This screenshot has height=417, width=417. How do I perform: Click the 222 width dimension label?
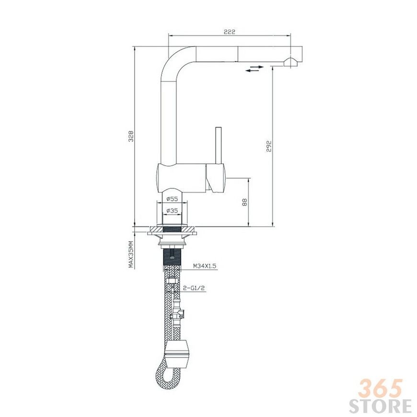tap(230, 32)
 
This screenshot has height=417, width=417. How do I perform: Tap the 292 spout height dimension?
tap(268, 146)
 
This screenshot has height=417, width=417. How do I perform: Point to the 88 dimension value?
tap(244, 202)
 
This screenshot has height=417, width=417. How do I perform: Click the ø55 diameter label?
tap(172, 198)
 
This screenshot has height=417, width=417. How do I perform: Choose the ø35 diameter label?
tap(172, 210)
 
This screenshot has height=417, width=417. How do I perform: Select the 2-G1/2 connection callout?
tap(195, 288)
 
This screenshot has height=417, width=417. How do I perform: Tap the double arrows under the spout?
tap(255, 69)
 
